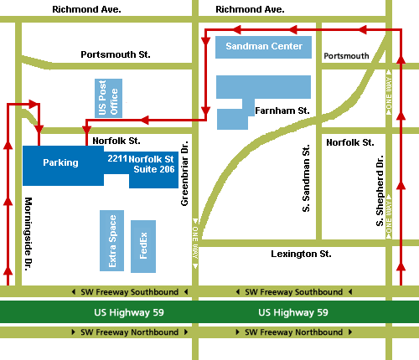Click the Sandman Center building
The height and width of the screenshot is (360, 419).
(x=264, y=46)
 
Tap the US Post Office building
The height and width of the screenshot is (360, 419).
(x=109, y=98)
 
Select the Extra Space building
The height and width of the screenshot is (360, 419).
(x=111, y=241)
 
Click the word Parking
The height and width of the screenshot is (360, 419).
(x=60, y=162)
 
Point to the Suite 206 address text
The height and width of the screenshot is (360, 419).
(x=153, y=168)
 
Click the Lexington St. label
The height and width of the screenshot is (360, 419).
(x=301, y=253)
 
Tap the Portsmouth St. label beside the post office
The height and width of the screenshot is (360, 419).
(x=116, y=54)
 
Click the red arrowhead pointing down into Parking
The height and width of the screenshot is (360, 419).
(x=39, y=128)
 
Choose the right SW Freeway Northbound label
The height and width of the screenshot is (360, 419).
(x=293, y=332)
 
